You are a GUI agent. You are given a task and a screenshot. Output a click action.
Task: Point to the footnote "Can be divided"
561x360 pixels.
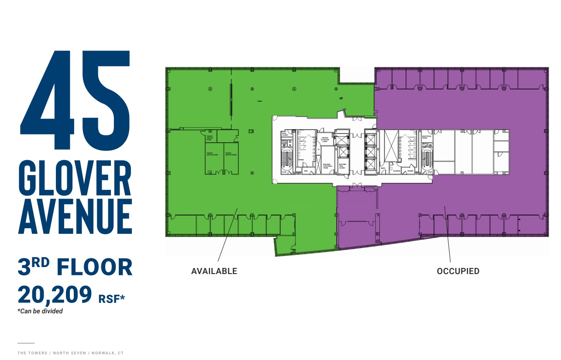click(x=40, y=311)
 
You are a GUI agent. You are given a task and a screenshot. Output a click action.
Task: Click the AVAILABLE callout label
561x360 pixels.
click(x=214, y=271)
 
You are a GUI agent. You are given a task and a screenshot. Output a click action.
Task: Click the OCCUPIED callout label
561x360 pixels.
click(x=458, y=271)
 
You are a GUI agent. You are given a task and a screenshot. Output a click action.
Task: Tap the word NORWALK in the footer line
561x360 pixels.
click(x=105, y=353)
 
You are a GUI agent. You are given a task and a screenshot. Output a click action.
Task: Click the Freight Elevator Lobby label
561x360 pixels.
click(x=325, y=140)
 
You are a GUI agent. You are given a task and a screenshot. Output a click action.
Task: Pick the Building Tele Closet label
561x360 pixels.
click(x=342, y=166)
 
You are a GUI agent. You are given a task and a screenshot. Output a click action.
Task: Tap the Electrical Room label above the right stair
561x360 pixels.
click(x=427, y=137)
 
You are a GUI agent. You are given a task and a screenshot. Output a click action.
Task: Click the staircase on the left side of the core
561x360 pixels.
click(x=286, y=159)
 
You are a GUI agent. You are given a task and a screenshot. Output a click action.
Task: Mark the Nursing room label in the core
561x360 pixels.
click(x=396, y=171)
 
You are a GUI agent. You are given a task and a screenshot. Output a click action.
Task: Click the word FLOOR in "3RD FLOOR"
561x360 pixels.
click(x=94, y=267)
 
